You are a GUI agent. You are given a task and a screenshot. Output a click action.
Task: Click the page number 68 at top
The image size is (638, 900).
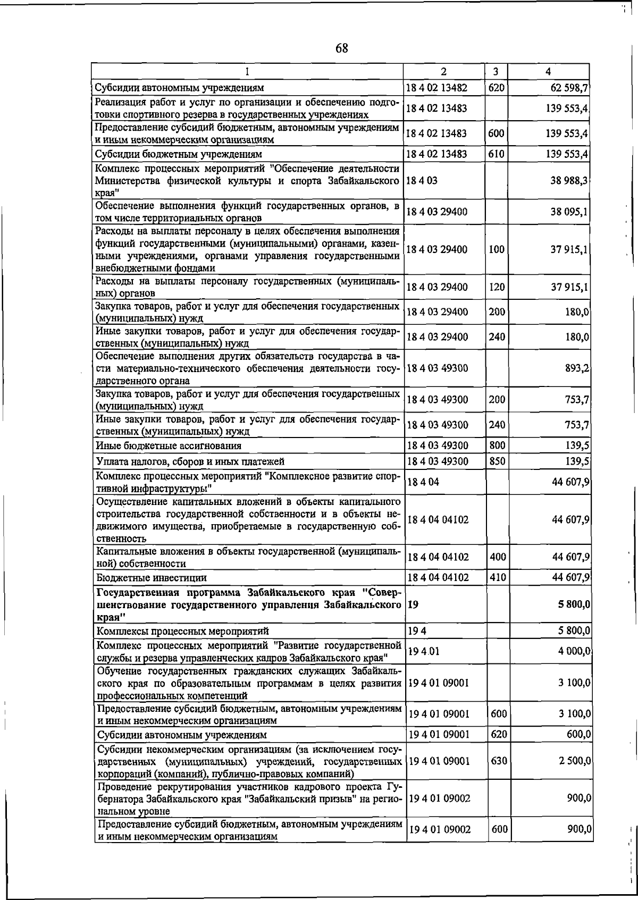[x=341, y=48]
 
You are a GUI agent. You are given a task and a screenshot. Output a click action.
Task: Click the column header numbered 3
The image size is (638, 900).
[x=496, y=71]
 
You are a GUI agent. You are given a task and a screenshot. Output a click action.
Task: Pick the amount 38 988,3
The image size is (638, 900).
[x=569, y=180]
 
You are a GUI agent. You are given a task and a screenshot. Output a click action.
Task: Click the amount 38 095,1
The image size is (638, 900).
[x=569, y=212]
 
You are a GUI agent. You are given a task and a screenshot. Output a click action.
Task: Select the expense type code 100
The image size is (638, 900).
[x=496, y=249]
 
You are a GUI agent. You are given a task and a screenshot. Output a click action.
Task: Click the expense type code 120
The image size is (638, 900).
[x=496, y=287]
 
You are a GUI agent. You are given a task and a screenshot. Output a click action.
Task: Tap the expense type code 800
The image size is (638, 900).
[x=496, y=445]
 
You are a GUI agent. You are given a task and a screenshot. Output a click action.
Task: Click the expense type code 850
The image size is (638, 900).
[x=497, y=461]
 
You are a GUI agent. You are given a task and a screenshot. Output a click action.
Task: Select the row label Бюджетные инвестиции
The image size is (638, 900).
[x=151, y=577]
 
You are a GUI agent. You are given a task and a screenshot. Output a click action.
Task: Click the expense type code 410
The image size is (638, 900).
[x=497, y=577]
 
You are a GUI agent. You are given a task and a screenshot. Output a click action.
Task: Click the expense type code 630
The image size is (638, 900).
[x=498, y=761]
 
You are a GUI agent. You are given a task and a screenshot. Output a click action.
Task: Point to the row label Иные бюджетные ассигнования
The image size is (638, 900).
[x=168, y=445]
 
